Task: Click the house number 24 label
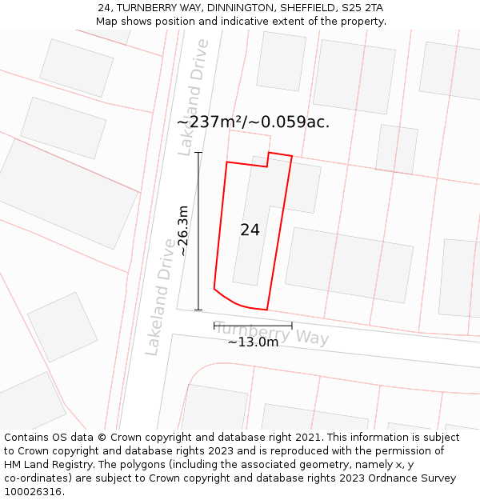coord(250,230)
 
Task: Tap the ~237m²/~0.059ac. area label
coord(253,122)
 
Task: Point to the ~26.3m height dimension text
coord(183,230)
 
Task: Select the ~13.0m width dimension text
coord(253,342)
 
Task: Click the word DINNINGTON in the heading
coord(235,7)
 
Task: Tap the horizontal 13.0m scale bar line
coord(253,326)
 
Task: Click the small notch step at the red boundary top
coord(267,160)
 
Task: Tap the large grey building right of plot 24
coord(349,265)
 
